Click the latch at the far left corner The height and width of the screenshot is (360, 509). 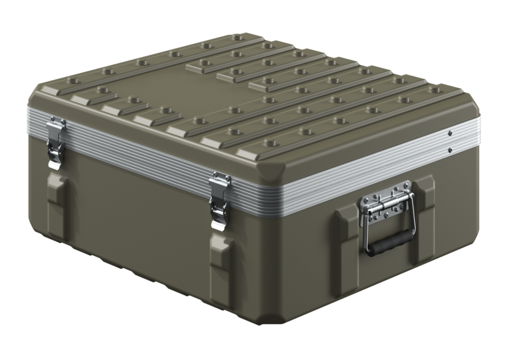(55, 141)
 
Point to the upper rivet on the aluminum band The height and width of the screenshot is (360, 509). (450, 134)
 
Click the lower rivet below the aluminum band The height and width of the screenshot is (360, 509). (450, 150)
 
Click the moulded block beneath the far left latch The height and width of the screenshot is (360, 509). (56, 191)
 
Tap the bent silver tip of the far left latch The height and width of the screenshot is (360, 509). (54, 163)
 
